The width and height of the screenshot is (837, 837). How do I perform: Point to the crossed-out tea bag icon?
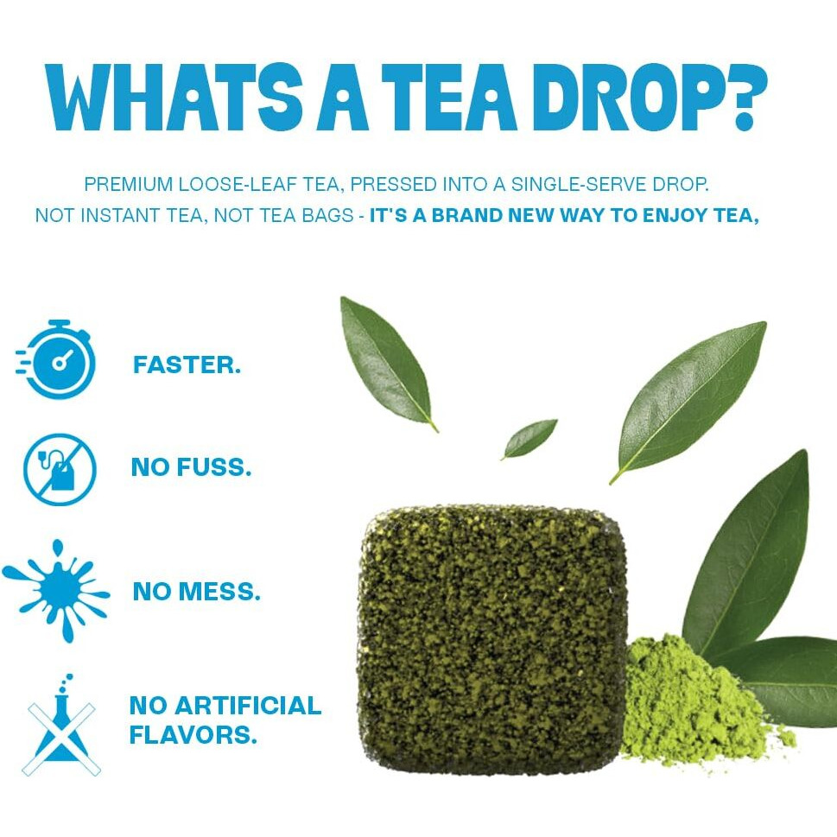click(x=59, y=469)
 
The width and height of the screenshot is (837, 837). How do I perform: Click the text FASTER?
click(x=187, y=365)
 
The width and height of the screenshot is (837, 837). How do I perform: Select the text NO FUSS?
click(x=191, y=468)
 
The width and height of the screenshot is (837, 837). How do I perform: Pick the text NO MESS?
click(x=196, y=593)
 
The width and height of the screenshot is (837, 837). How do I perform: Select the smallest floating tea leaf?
click(x=529, y=438)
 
